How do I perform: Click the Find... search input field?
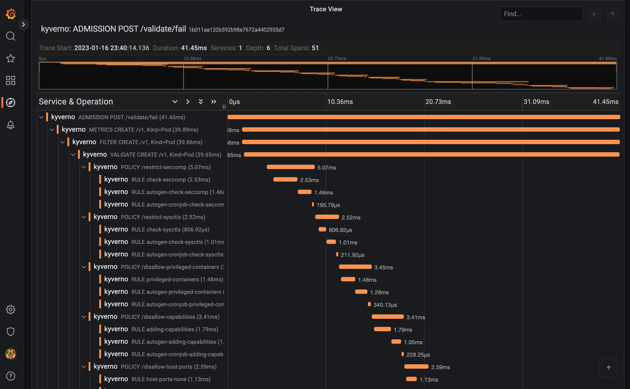coord(541,14)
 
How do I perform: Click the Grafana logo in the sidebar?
coord(11,14)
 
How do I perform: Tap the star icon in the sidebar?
coord(11,58)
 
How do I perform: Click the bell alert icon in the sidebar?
coord(11,125)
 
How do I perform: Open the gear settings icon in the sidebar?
coord(11,309)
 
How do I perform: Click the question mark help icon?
coord(11,376)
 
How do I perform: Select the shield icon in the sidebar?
coord(11,332)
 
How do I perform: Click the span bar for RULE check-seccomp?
coord(285,179)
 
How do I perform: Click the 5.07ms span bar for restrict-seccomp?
coord(291,167)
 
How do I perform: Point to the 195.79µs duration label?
coord(328,205)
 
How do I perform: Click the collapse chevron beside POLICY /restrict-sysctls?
coord(84,217)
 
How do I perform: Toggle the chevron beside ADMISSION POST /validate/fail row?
coord(41,117)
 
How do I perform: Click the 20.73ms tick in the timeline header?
coord(438,102)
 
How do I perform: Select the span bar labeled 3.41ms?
coord(388,317)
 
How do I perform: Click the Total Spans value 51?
coord(315,48)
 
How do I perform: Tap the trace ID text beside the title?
coord(237,30)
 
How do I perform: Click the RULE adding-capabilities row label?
coord(175,329)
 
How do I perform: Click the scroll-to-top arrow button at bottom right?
coord(608,368)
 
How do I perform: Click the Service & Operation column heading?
coord(76,102)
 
